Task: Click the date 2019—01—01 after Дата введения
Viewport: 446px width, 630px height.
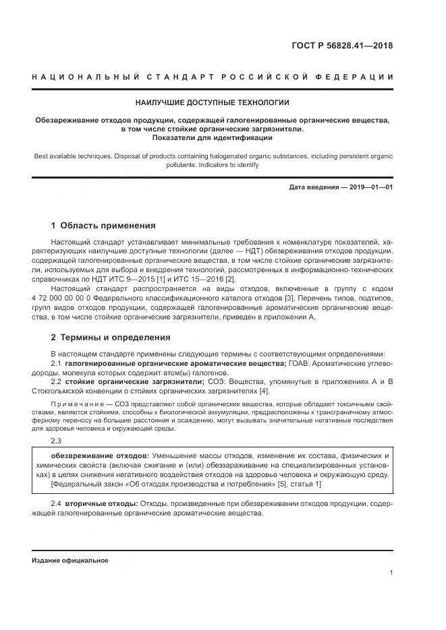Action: [369, 187]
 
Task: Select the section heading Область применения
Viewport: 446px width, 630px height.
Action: [108, 226]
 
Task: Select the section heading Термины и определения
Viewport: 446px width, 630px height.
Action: [115, 337]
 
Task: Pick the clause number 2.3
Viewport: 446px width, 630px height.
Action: [56, 441]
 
